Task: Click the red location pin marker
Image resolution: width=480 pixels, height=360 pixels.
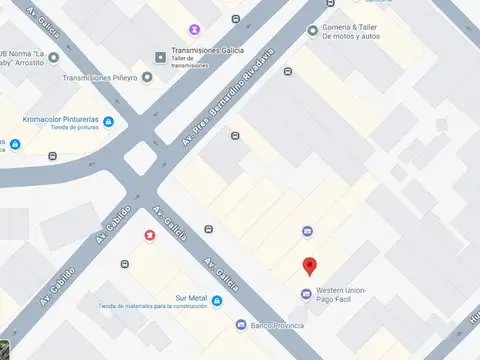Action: pos(310,266)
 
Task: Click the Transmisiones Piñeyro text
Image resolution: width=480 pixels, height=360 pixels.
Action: pos(101,77)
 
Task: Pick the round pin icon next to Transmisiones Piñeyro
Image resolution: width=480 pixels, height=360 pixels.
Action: pos(148,77)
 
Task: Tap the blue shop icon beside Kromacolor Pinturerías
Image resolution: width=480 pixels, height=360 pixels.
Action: pos(108,122)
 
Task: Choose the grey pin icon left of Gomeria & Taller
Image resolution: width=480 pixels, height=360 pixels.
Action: pos(312,31)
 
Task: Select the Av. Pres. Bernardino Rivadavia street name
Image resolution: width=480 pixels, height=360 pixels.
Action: pos(228,95)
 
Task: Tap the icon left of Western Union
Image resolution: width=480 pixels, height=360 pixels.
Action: pos(306,294)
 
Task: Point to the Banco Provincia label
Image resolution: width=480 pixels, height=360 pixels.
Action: pos(278,325)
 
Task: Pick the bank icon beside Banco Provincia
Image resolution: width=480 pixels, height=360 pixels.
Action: pos(241,325)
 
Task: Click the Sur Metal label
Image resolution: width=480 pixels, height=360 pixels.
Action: pos(189,298)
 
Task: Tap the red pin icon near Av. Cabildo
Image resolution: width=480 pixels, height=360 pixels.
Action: pos(149,235)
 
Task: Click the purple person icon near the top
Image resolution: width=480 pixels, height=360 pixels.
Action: pos(193,30)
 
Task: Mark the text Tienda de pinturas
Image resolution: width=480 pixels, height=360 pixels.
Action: pos(59,127)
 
